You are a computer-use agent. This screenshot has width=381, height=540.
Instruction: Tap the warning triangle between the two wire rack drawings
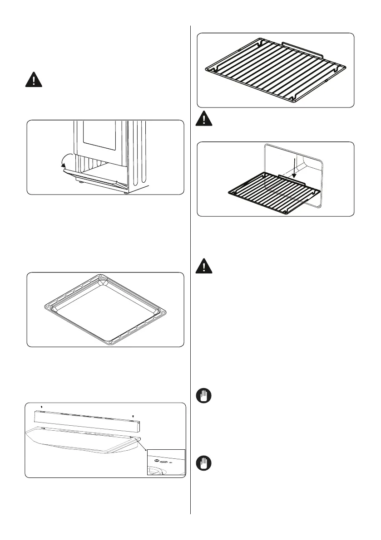pyautogui.click(x=205, y=119)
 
